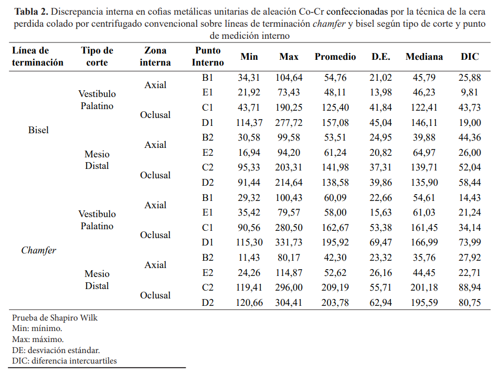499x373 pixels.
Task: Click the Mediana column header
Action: coord(424,57)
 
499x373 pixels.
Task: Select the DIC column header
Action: coord(470,57)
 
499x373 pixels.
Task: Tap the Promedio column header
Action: coord(335,57)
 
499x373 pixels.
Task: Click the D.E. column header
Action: coord(381,57)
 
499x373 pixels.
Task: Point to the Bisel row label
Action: coord(38,130)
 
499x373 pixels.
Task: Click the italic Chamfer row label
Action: coord(38,250)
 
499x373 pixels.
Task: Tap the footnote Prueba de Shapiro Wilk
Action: coord(55,317)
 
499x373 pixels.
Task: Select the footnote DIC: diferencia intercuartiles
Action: coord(65,360)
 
